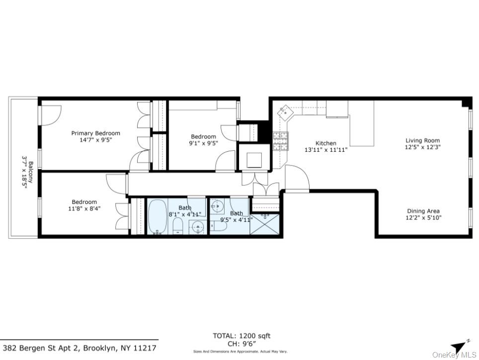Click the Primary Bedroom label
tap(95, 133)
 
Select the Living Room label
tap(422, 141)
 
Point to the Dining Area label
tap(423, 211)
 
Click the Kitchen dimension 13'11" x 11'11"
tap(325, 150)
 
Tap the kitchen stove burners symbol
tap(280, 141)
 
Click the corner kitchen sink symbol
tap(287, 112)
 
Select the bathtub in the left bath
tap(158, 216)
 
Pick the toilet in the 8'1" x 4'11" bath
tap(178, 226)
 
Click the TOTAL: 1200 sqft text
tap(241, 336)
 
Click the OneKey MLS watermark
tap(454, 355)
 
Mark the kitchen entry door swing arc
tap(297, 177)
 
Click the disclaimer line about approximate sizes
tap(240, 352)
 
